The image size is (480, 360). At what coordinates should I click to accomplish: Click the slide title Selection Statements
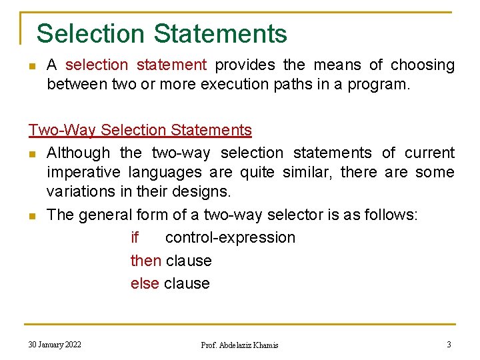pyautogui.click(x=162, y=33)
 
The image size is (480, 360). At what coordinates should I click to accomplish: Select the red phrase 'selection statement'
pyautogui.click(x=137, y=65)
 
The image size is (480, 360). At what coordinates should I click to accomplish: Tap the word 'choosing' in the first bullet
pyautogui.click(x=423, y=65)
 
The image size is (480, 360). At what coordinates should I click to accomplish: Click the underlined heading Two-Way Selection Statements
pyautogui.click(x=140, y=130)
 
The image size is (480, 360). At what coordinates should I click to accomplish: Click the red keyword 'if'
pyautogui.click(x=135, y=238)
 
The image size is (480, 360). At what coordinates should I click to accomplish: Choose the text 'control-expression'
pyautogui.click(x=230, y=238)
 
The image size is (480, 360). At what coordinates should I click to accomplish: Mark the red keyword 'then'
pyautogui.click(x=145, y=261)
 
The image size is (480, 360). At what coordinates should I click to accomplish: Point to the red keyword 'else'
pyautogui.click(x=145, y=283)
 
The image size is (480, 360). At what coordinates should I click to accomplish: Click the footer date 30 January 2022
pyautogui.click(x=55, y=345)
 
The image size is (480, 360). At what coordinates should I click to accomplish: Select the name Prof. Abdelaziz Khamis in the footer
pyautogui.click(x=240, y=345)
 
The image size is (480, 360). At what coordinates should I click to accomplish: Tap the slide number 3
pyautogui.click(x=449, y=345)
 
